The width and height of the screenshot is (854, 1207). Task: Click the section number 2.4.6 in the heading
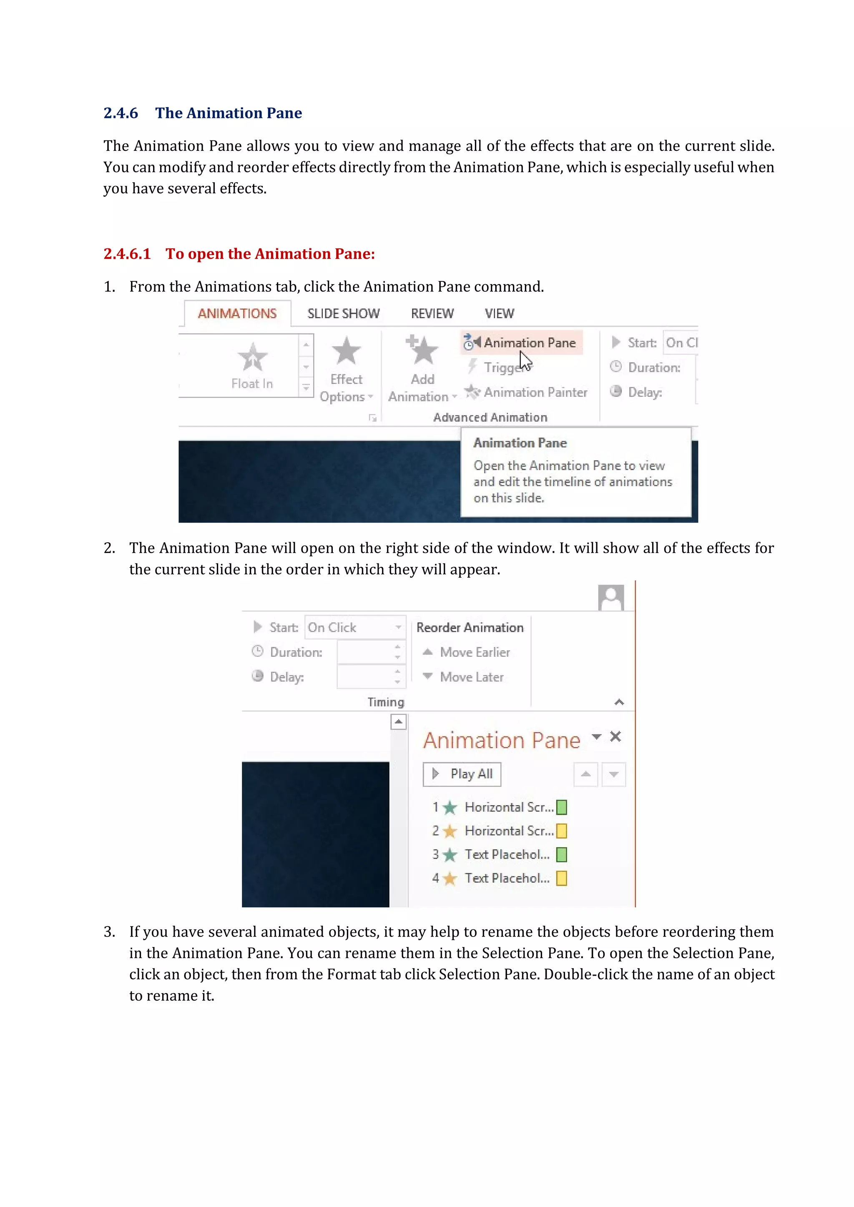(x=121, y=113)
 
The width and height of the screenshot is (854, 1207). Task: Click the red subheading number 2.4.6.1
(x=127, y=254)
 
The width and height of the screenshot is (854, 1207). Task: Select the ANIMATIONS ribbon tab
(x=237, y=314)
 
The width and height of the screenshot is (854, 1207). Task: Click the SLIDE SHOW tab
(x=343, y=314)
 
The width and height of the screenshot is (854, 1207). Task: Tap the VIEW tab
(x=499, y=314)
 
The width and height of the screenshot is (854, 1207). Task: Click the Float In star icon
(x=252, y=358)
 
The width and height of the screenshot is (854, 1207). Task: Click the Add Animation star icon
(x=422, y=350)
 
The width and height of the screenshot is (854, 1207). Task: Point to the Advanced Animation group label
(x=490, y=417)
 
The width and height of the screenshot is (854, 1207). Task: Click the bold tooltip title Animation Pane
(x=520, y=443)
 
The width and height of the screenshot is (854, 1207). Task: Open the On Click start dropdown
(x=398, y=627)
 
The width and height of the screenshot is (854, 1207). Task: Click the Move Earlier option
(x=474, y=652)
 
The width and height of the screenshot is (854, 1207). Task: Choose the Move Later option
(x=471, y=677)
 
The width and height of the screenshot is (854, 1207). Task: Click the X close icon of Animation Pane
(x=615, y=736)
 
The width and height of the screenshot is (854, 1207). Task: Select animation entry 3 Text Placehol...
(x=506, y=855)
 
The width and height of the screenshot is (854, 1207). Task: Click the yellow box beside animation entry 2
(x=562, y=831)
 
